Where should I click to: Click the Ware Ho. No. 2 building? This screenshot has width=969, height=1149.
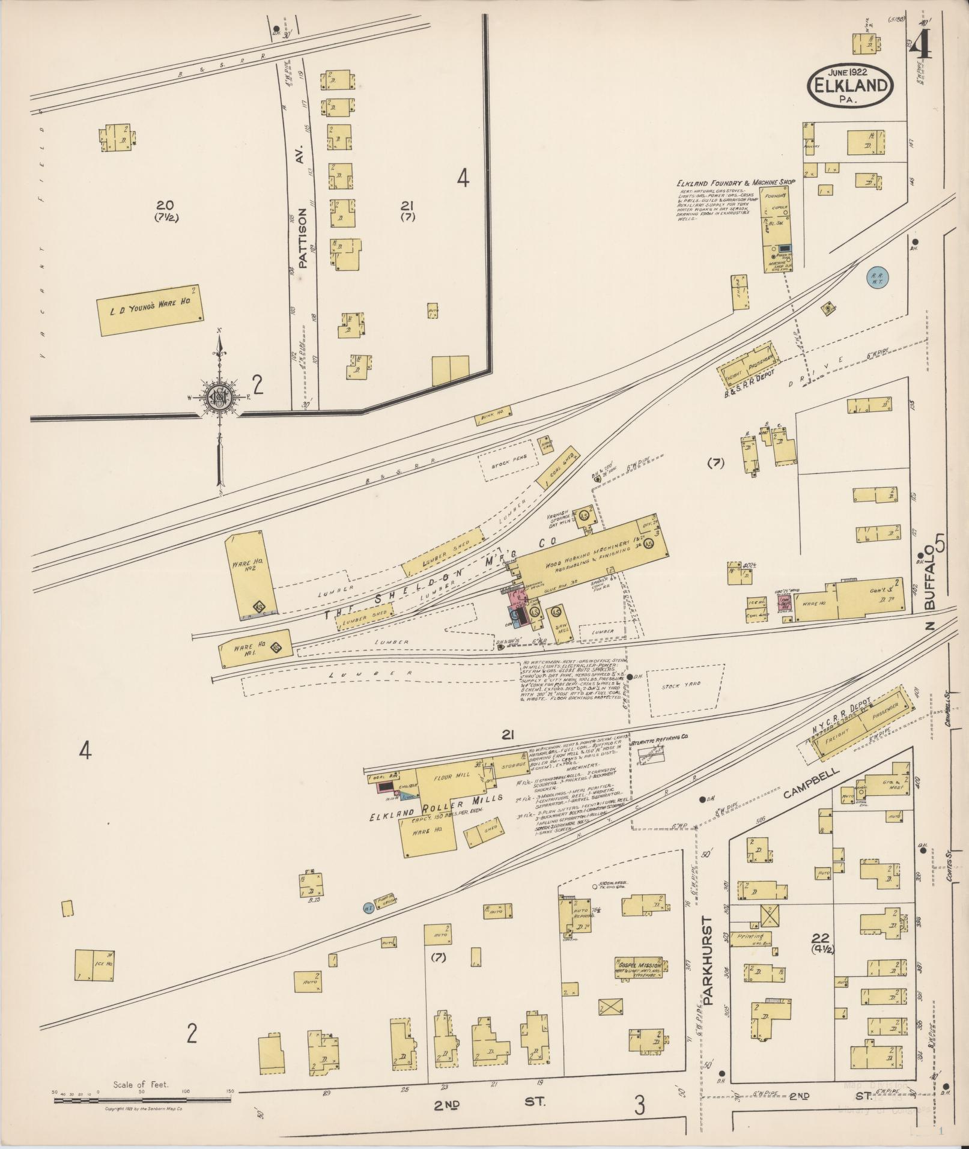tap(251, 575)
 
